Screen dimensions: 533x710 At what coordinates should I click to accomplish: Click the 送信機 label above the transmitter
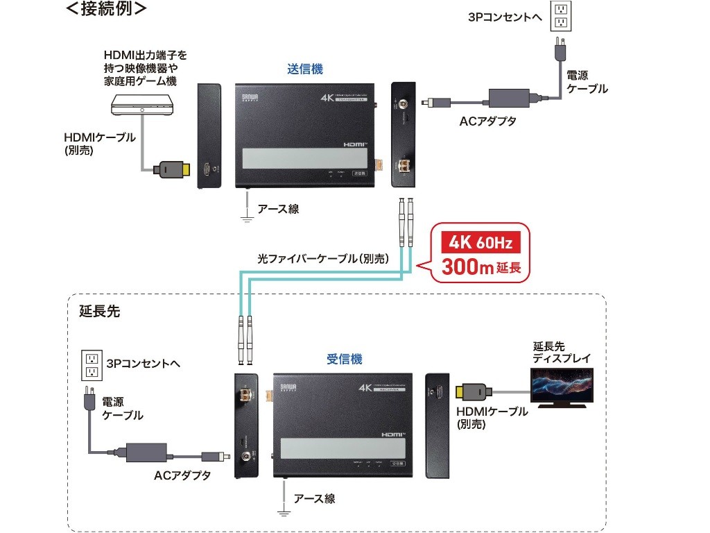[305, 69]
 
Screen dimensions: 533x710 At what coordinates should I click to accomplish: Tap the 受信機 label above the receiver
[344, 359]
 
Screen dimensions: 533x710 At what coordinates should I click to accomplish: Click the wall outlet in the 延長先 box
[90, 366]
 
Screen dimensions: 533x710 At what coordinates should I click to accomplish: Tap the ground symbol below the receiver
[283, 512]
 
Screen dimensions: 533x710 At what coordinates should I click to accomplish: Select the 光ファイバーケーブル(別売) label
[322, 258]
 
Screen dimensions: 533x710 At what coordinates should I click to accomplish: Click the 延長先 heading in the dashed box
[99, 312]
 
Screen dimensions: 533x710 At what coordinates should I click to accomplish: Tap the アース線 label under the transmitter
[278, 208]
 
